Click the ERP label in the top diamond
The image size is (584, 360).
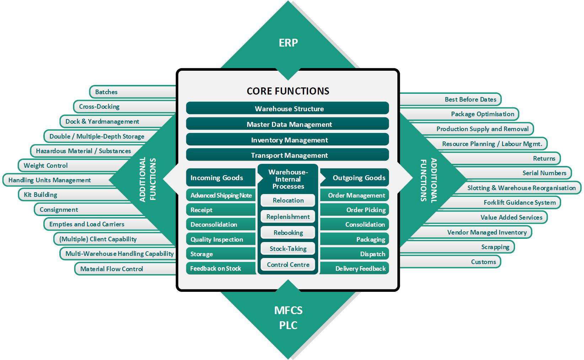pos(288,43)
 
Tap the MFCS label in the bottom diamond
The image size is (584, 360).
pos(288,310)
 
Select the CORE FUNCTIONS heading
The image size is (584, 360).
pos(288,91)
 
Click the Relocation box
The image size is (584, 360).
pos(288,200)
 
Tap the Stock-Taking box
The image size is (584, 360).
pos(288,249)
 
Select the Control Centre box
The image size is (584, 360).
pos(288,265)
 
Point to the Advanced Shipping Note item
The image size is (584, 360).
pos(221,195)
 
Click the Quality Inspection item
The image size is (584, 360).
pos(217,240)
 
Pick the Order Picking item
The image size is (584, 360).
pos(366,210)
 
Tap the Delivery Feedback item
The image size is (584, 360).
pos(360,269)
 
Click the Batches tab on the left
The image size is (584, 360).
pos(106,92)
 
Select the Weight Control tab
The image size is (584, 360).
pos(46,166)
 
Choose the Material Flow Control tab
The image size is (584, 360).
pos(112,269)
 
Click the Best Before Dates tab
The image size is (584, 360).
pos(470,100)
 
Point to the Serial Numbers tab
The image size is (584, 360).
pos(544,173)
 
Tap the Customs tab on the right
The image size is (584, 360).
pos(483,262)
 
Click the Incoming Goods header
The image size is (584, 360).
pos(217,178)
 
